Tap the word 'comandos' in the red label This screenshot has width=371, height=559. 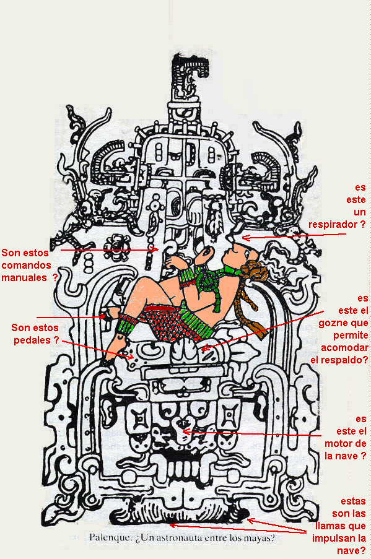pyautogui.click(x=27, y=265)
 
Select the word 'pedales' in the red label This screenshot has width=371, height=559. pyautogui.click(x=32, y=340)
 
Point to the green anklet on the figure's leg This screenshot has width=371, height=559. pyautogui.click(x=126, y=323)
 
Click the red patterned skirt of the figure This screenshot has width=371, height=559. pyautogui.click(x=168, y=323)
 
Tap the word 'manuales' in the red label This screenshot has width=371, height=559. pyautogui.click(x=24, y=277)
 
